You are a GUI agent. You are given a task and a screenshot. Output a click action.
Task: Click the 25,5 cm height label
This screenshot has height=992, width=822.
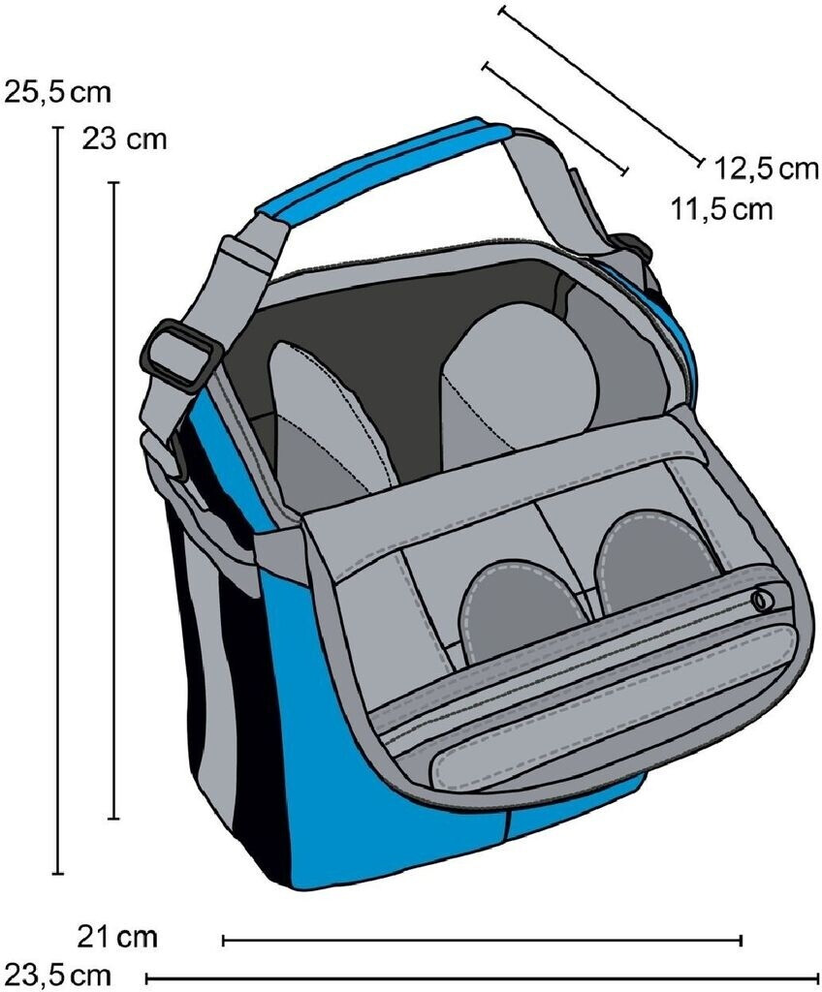58,93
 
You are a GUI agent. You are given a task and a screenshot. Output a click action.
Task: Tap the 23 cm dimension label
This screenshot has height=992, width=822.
124,139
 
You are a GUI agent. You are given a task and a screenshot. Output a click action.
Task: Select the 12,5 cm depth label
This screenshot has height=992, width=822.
766,169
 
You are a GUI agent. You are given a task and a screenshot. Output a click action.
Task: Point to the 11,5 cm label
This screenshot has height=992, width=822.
722,208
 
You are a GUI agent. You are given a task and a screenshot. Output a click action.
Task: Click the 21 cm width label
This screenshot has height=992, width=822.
116,938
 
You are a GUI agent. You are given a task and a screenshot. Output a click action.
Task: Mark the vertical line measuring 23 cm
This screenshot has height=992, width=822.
114,499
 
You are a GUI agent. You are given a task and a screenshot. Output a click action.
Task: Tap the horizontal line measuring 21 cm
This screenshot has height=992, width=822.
482,939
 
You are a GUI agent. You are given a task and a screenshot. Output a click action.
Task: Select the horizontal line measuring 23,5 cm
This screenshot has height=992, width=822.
482,977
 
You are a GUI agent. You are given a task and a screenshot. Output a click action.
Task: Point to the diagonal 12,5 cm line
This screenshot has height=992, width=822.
601,87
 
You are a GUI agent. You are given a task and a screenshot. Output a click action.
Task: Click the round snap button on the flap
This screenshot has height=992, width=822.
761,602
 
